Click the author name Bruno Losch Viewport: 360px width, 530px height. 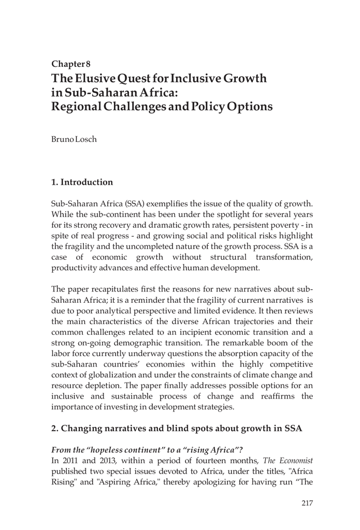[x=74, y=140]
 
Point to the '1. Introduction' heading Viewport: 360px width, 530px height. [x=82, y=182]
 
